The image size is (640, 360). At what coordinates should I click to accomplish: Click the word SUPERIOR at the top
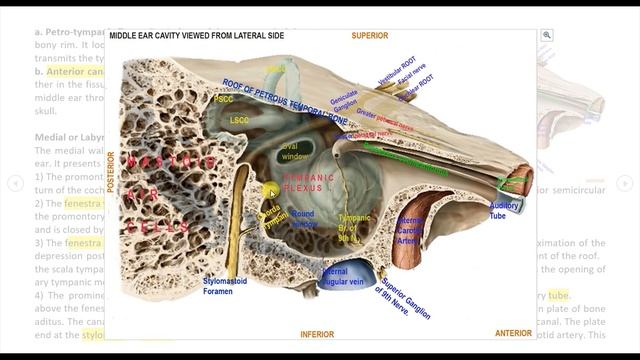[369, 36]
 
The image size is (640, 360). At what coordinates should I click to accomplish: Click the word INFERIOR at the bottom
[317, 335]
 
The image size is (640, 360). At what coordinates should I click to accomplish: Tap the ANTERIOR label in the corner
[513, 333]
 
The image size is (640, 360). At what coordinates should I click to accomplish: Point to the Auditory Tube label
[504, 210]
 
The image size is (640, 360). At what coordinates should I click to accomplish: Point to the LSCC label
[240, 120]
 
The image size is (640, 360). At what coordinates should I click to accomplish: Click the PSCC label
[224, 99]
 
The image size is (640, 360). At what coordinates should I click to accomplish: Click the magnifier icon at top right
[547, 35]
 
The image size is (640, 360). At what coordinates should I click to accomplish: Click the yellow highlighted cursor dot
[270, 189]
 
